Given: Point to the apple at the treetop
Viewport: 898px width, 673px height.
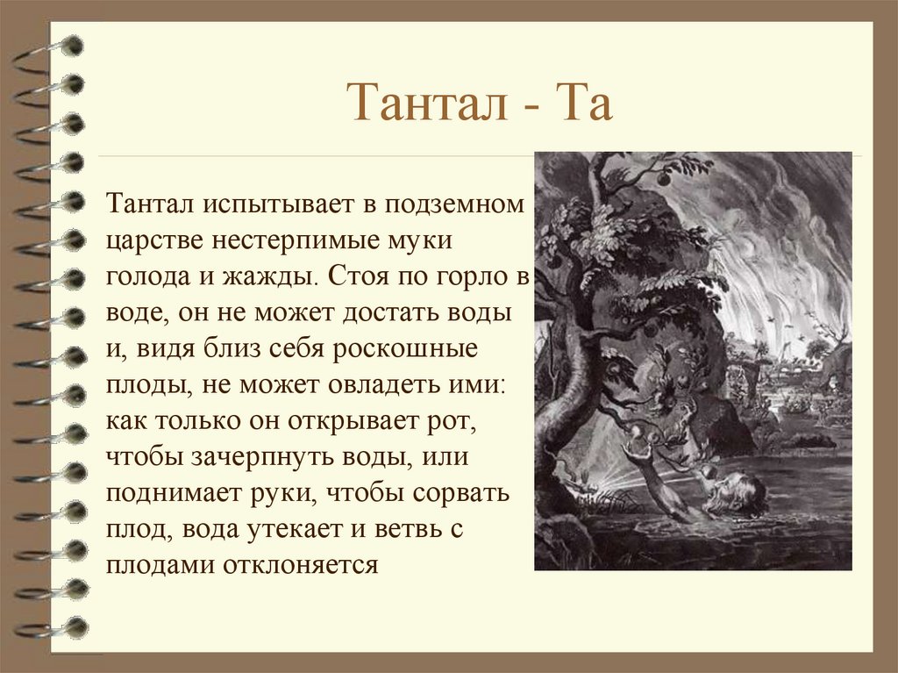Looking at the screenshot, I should point(662,178).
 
